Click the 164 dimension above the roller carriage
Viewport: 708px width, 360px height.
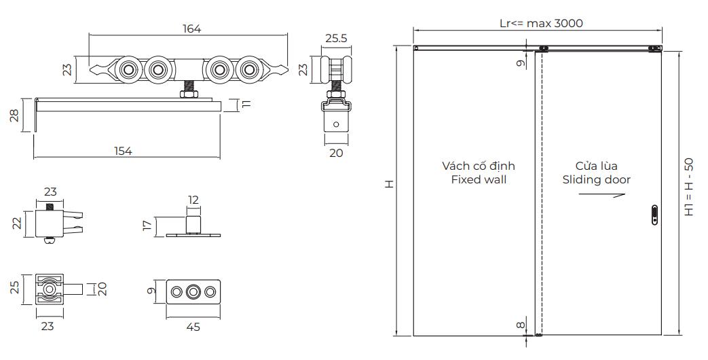(192, 29)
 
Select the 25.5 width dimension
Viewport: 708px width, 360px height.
(335, 39)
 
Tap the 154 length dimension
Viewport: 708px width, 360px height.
(123, 151)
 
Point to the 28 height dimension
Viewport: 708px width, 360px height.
(14, 115)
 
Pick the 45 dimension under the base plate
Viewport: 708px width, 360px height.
(193, 327)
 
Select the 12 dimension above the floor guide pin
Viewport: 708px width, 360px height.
(193, 200)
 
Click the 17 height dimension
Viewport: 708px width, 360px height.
(147, 226)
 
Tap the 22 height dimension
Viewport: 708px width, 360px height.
(18, 222)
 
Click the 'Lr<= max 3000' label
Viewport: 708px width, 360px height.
(541, 23)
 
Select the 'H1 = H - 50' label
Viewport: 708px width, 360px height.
(688, 187)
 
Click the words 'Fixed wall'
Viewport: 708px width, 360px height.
(479, 180)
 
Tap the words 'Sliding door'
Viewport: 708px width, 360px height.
(596, 180)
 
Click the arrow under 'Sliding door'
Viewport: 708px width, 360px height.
(601, 195)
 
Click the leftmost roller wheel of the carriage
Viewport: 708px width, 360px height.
(128, 70)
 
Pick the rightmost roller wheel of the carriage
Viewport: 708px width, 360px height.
(248, 70)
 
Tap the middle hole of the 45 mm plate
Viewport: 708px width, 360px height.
(193, 292)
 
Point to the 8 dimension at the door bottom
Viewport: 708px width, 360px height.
(521, 325)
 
